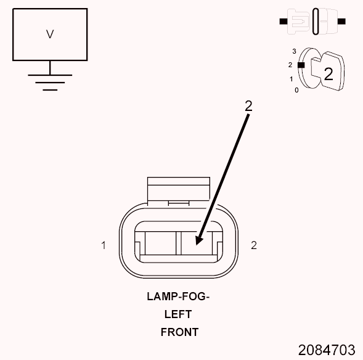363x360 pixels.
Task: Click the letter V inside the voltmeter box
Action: pos(50,34)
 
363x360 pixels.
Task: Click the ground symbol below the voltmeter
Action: pos(50,83)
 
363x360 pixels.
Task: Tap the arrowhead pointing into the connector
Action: pos(199,240)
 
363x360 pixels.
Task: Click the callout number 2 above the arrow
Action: pos(248,106)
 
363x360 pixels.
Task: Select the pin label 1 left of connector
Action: pos(104,245)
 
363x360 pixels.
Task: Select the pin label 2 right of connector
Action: pos(254,245)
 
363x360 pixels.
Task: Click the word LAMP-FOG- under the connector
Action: pos(178,297)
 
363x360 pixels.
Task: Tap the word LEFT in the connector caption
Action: pos(178,314)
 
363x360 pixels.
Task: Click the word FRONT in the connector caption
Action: pos(179,332)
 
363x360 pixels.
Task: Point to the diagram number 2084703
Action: pos(327,350)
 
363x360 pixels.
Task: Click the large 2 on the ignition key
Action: pos(328,74)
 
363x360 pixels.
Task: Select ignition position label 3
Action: pos(294,51)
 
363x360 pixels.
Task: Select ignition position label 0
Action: pos(296,90)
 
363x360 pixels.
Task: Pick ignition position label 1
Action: pos(292,79)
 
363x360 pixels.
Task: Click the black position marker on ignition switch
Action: pos(301,65)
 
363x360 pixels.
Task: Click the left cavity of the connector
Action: pos(160,243)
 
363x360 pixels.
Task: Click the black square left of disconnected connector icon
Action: pos(283,22)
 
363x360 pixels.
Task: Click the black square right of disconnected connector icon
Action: pos(341,22)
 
